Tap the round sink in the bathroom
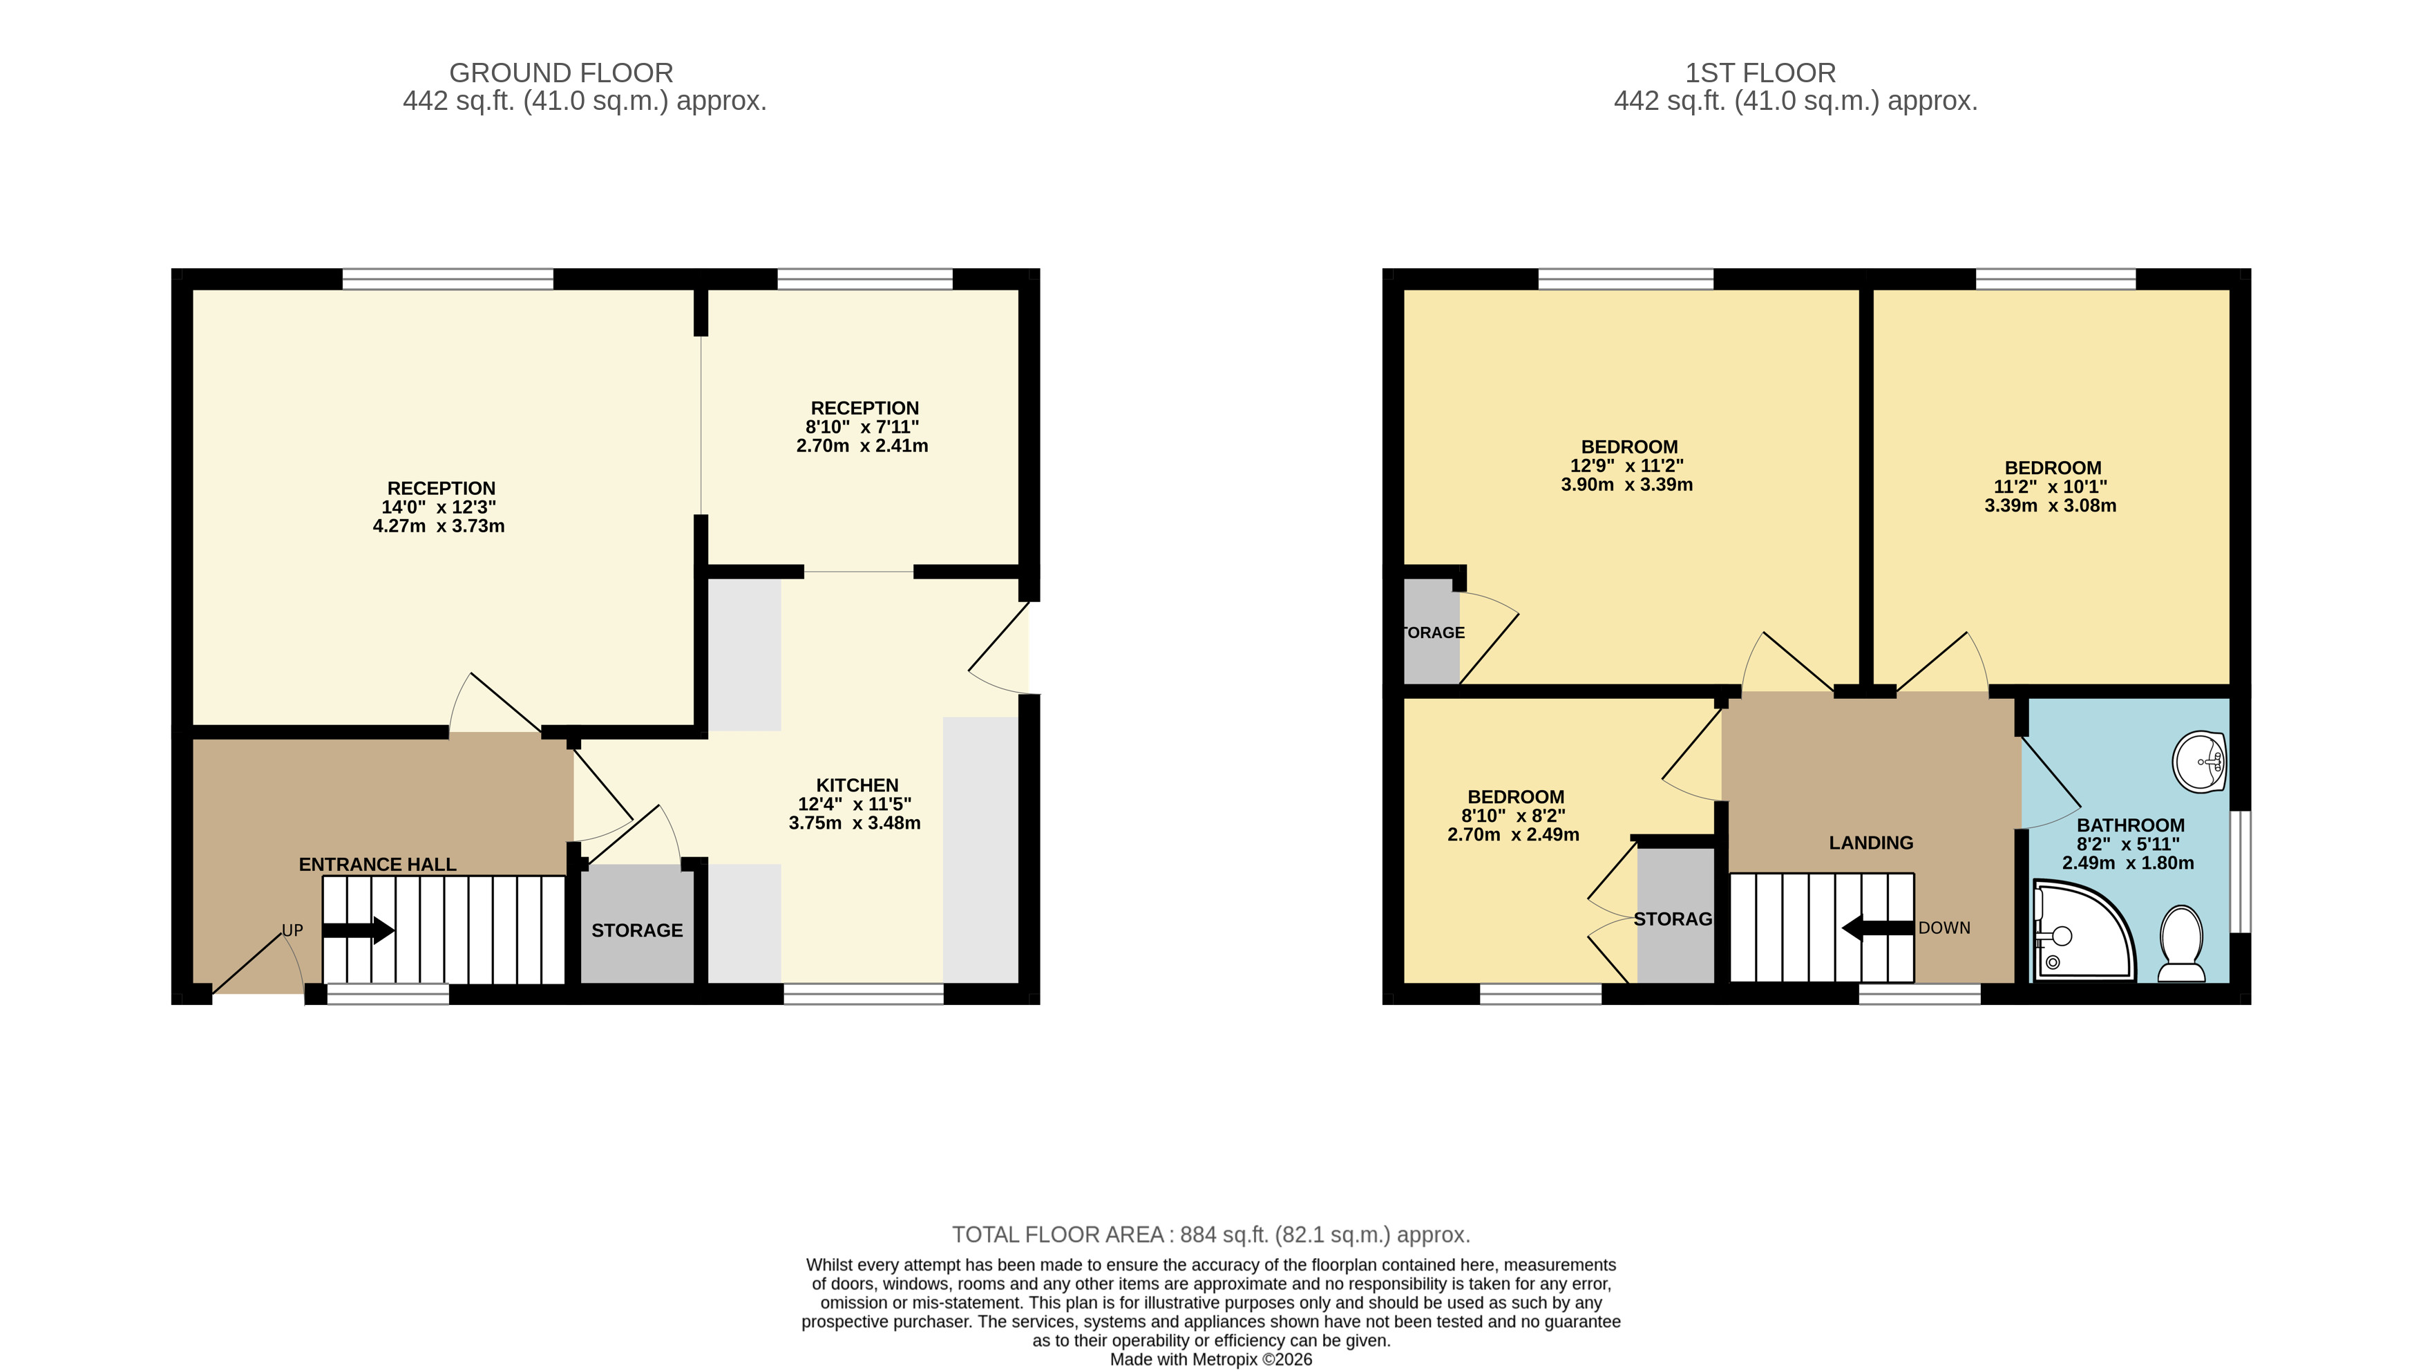coord(2199,761)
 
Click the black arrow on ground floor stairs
coord(359,930)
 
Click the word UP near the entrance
coord(292,930)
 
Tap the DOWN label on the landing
coord(1944,928)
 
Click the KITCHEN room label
coord(857,785)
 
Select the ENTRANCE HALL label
coord(377,864)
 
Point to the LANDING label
coord(1871,842)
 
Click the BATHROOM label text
coord(2131,825)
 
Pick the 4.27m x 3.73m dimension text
coord(438,526)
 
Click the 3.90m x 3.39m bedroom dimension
coord(1627,485)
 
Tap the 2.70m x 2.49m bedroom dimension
coord(1514,834)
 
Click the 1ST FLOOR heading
coord(1760,73)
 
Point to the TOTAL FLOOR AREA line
coord(1210,1235)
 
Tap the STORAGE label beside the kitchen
coord(637,930)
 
